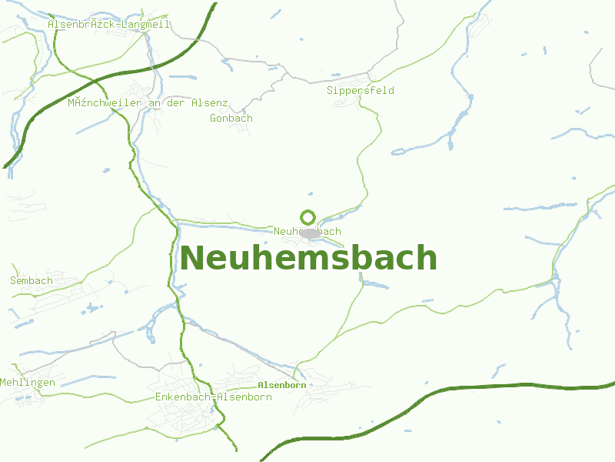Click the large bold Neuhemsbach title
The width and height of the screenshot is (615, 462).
point(308,258)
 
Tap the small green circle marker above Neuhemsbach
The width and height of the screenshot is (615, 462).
point(307,217)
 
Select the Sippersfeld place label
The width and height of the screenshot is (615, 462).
point(361,91)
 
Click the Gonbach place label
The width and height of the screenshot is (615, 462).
point(231,119)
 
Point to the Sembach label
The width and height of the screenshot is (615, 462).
point(32,281)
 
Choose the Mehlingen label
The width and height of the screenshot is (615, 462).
point(28,383)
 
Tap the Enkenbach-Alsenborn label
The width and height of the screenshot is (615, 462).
point(214,397)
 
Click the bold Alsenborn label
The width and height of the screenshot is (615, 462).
point(282,385)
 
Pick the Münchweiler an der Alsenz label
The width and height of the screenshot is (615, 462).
point(148,102)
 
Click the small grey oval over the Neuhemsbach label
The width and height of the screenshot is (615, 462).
point(311,233)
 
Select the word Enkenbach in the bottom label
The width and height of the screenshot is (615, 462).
point(181,397)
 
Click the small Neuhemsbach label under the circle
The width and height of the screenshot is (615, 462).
point(307,232)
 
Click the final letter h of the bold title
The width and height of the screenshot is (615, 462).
point(427,258)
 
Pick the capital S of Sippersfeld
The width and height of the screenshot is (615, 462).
point(331,91)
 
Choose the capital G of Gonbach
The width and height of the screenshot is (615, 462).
point(214,119)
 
